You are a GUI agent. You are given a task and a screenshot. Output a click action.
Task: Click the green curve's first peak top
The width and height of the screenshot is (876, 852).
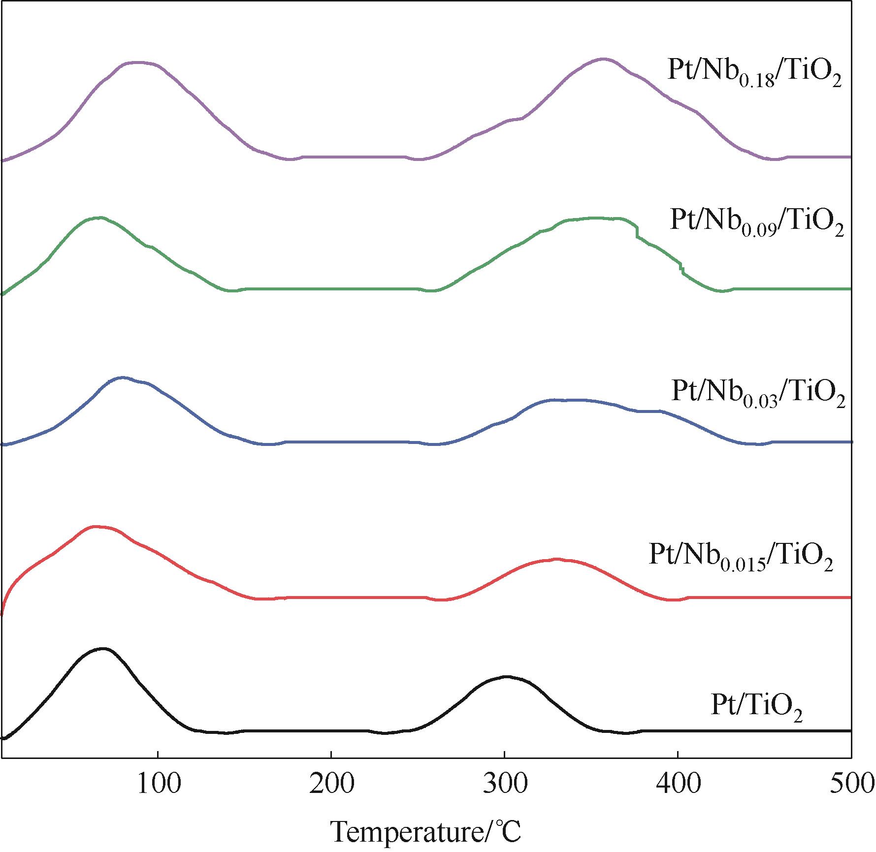(98, 217)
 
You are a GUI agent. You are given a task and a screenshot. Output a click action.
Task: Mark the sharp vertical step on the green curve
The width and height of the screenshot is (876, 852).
(637, 231)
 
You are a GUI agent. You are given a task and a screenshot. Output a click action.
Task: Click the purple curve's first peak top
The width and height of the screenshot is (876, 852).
(139, 62)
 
